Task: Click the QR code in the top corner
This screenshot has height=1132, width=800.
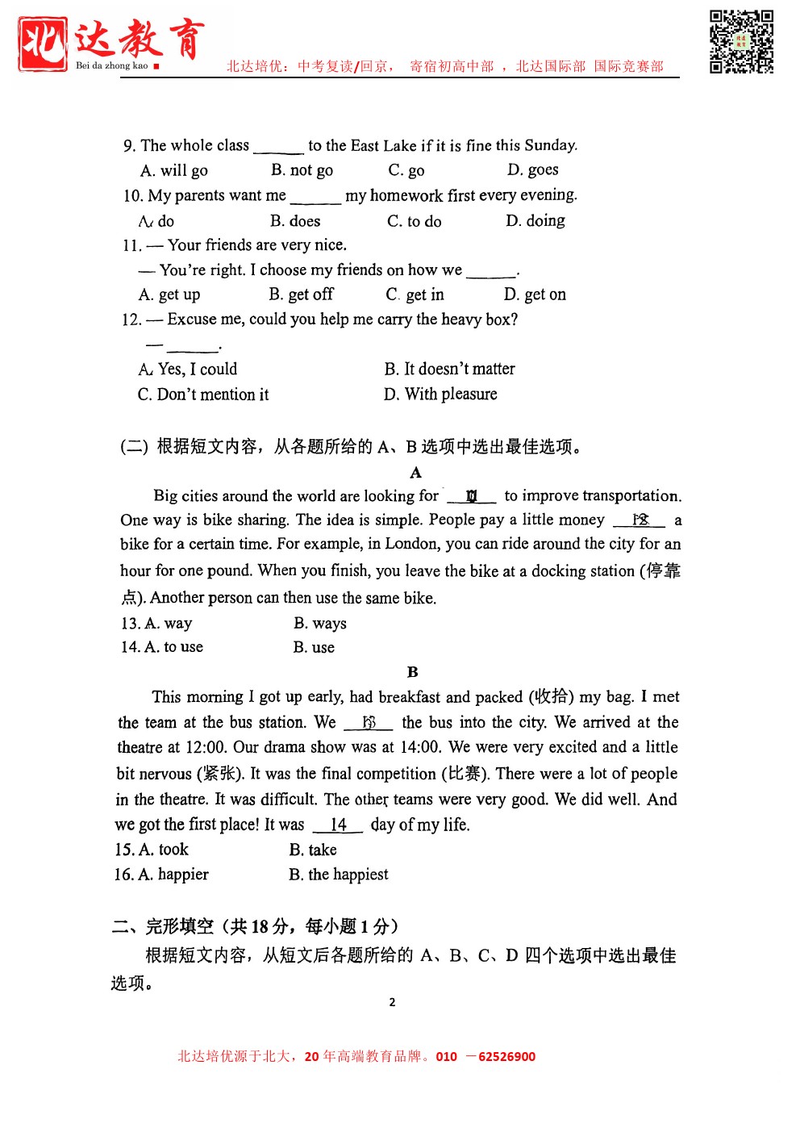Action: coord(741,42)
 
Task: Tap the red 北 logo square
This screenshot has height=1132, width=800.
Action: coord(43,44)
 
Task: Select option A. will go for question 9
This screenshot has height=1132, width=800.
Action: coord(174,170)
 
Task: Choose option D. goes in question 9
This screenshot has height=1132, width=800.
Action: coord(533,169)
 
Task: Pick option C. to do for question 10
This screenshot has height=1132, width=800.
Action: coord(415,221)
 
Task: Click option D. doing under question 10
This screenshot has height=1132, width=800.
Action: coord(535,220)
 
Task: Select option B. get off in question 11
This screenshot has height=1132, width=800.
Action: coord(301,294)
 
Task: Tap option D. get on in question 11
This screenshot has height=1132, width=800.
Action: coord(535,294)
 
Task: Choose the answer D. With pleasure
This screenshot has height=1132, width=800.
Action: coord(440,394)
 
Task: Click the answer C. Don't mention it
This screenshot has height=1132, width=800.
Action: coord(203,395)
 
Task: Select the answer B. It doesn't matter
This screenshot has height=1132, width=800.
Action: coord(449,369)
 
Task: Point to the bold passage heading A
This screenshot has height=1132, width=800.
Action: coord(415,472)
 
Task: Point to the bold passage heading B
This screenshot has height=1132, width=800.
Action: coord(413,671)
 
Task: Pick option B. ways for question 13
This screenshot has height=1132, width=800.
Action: coord(320,623)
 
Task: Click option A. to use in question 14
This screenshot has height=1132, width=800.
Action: coord(163,647)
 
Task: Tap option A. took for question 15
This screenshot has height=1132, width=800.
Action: coord(152,850)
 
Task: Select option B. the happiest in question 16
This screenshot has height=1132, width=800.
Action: coord(339,875)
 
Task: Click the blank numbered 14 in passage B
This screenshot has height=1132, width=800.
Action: coord(339,825)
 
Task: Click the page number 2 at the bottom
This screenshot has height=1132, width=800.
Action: coord(393,1002)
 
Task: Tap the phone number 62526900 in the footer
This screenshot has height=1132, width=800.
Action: coord(506,1056)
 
